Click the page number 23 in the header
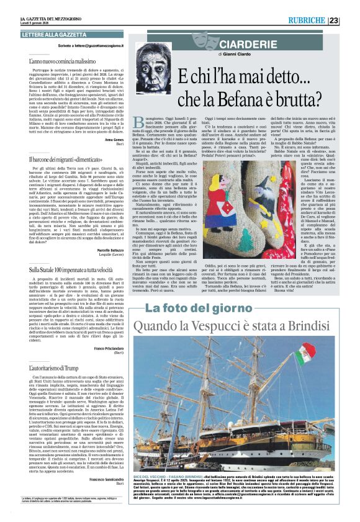(x=351, y=20)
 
